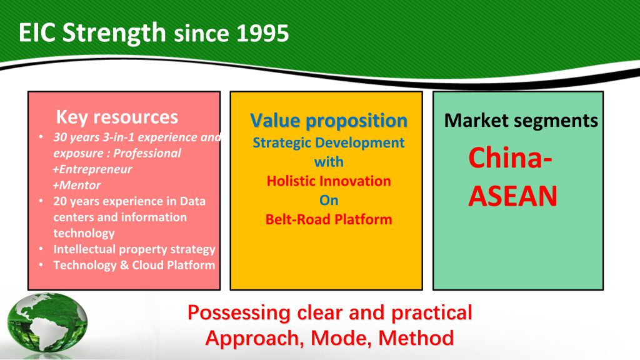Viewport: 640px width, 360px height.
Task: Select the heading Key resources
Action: (x=117, y=117)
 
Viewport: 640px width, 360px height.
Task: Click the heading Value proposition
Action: (x=329, y=121)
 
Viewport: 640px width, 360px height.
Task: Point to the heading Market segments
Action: (x=521, y=121)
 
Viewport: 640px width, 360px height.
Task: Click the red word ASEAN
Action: (x=512, y=196)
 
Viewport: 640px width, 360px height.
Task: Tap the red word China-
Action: (x=510, y=158)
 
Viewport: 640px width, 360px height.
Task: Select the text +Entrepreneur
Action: (x=92, y=169)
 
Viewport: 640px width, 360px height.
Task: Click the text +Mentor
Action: (x=77, y=185)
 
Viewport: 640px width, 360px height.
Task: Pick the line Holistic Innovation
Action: (x=329, y=181)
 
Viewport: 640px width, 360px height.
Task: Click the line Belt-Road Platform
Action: (x=329, y=219)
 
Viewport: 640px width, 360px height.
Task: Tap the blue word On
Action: (x=329, y=200)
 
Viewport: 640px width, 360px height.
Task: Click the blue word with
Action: (x=329, y=162)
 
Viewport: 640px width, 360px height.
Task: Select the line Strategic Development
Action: (x=329, y=142)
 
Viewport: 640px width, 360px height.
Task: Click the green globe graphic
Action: (x=47, y=323)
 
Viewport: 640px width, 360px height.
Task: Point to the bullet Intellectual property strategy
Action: (x=134, y=249)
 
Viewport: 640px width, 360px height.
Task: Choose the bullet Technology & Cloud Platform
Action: (x=134, y=265)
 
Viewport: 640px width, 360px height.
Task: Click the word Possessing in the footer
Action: (x=239, y=313)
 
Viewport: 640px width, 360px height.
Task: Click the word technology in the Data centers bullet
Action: (x=84, y=233)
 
